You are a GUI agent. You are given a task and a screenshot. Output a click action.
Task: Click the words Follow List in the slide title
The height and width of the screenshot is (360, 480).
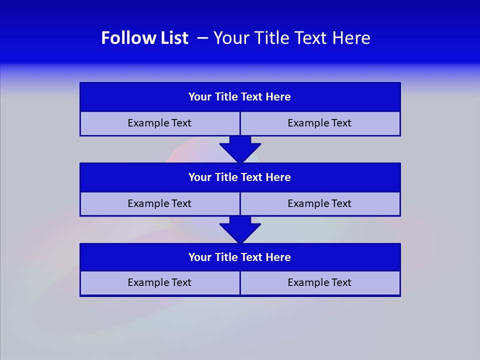[144, 38]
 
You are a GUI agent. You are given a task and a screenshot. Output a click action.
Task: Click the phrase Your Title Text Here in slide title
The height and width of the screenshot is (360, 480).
[291, 38]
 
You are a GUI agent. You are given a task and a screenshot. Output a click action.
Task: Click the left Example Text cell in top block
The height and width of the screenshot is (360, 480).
[159, 123]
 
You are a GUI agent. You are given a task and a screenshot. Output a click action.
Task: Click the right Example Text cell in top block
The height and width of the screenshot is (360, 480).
[320, 123]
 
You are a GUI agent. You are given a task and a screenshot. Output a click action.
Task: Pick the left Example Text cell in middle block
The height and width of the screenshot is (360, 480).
[159, 203]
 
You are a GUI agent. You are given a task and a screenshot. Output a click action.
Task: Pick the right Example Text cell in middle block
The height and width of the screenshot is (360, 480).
[320, 203]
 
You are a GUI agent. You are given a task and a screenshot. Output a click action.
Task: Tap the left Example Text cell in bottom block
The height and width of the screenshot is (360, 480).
[159, 282]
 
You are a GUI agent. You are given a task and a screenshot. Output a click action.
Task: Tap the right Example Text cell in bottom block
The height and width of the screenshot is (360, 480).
[320, 282]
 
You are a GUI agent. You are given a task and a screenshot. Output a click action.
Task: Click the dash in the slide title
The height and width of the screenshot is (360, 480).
[202, 38]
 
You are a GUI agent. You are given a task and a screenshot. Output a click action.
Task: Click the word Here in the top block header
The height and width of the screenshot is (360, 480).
[278, 97]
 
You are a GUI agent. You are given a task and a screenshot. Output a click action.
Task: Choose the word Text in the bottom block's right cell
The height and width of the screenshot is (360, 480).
[340, 282]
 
